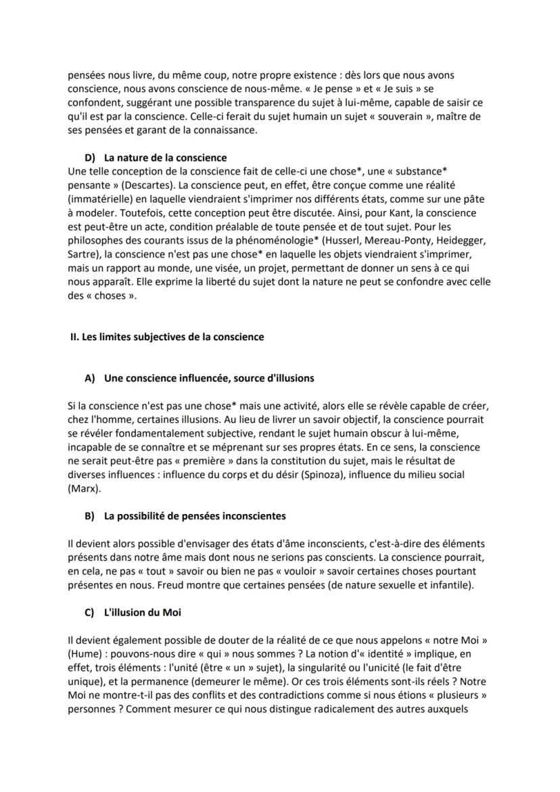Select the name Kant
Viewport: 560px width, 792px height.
[396, 213]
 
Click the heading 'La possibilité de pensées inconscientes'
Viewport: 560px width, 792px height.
[195, 516]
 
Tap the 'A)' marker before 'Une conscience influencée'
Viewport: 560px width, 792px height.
[89, 378]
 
